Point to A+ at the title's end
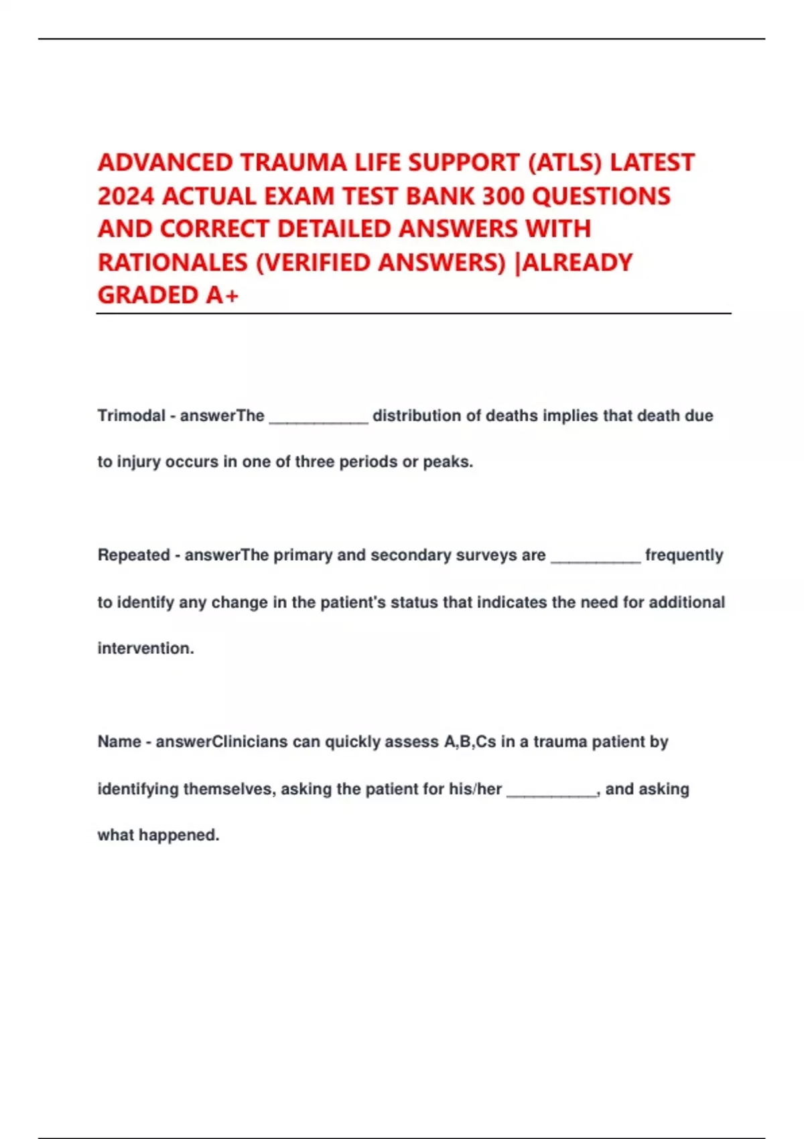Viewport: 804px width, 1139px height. tap(222, 295)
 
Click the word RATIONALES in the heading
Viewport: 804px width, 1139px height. tap(173, 263)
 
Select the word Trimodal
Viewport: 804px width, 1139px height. tap(131, 416)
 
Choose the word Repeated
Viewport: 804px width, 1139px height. tap(133, 555)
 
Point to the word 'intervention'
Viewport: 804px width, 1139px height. tap(145, 649)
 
